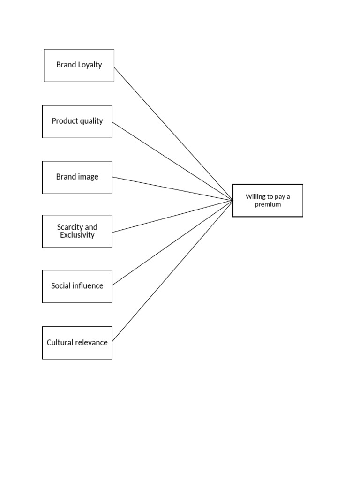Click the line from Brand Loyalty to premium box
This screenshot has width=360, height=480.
(x=173, y=134)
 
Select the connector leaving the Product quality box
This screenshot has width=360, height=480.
(x=172, y=161)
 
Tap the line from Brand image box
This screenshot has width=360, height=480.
(x=172, y=188)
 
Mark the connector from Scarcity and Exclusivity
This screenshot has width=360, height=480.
(x=172, y=216)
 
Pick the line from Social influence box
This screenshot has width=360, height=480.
(x=172, y=243)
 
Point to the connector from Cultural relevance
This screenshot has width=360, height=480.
(x=172, y=271)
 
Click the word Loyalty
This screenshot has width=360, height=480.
(x=90, y=65)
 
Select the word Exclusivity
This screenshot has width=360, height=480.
(x=77, y=235)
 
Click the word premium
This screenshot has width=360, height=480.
(x=268, y=204)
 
